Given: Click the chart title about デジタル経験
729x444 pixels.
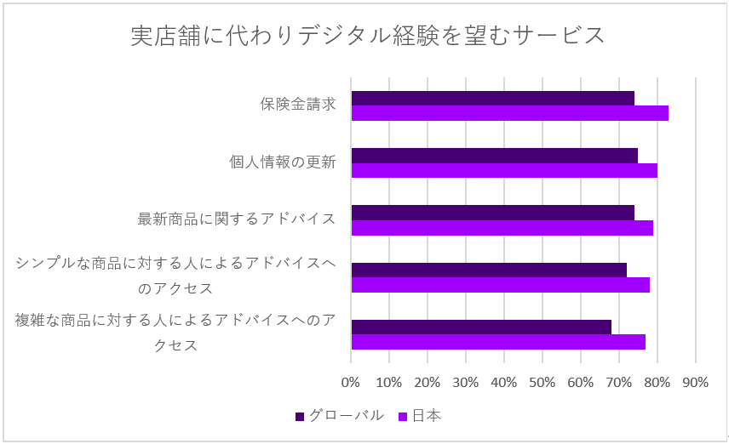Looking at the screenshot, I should point(367,36).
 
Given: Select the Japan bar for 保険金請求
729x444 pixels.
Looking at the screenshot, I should point(509,113).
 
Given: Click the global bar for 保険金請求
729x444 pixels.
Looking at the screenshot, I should point(492,98).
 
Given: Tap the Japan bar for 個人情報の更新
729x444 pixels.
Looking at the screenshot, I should point(504,170).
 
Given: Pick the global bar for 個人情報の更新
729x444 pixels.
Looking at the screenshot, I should point(494,155).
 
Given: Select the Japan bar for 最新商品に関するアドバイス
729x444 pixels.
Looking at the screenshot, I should point(502,227).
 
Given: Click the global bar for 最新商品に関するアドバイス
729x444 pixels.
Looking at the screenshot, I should point(492,212).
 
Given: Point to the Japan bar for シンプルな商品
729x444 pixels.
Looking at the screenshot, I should point(500,285).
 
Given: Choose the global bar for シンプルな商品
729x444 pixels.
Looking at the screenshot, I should point(489,270).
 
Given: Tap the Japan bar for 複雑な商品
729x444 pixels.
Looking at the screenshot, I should point(498,342).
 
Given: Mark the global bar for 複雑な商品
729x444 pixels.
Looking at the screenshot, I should point(481,327).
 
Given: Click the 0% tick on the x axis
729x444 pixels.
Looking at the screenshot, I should point(351,382).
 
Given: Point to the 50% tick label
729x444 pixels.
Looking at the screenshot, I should point(542,382).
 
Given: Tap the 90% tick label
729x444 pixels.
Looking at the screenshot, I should point(696,382).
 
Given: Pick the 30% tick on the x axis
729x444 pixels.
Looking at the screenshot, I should point(466,382).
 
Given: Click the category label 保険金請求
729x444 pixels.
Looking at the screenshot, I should point(298,105).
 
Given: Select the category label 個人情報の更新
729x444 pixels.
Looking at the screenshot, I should point(283,162).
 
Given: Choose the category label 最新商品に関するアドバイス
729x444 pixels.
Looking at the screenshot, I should point(237,219).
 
